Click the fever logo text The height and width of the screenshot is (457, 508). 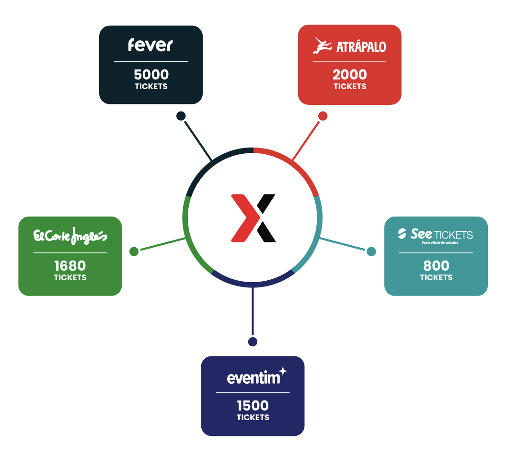pos(150,45)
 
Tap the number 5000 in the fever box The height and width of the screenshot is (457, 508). pos(151,75)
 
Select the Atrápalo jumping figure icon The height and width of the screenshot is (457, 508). pos(322,46)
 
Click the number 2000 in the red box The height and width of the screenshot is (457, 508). pos(350,75)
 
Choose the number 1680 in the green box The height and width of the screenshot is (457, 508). pos(70,265)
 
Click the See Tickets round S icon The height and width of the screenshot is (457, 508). pos(403,234)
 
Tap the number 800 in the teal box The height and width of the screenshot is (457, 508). pos(436,265)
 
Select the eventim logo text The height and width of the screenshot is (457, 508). pos(253,378)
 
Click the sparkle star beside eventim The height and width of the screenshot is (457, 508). pos(283,371)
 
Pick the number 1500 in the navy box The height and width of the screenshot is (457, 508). pos(253,405)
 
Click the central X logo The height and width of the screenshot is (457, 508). pos(253,218)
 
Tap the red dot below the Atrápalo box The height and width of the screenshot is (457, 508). pos(323,116)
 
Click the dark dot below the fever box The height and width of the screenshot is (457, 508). pos(181,115)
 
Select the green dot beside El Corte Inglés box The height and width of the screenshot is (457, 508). pos(134,251)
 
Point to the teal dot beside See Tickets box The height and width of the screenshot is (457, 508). pos(371,251)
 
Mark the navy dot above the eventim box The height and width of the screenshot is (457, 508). pos(253,342)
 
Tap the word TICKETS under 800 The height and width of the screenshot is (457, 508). pos(436,277)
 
